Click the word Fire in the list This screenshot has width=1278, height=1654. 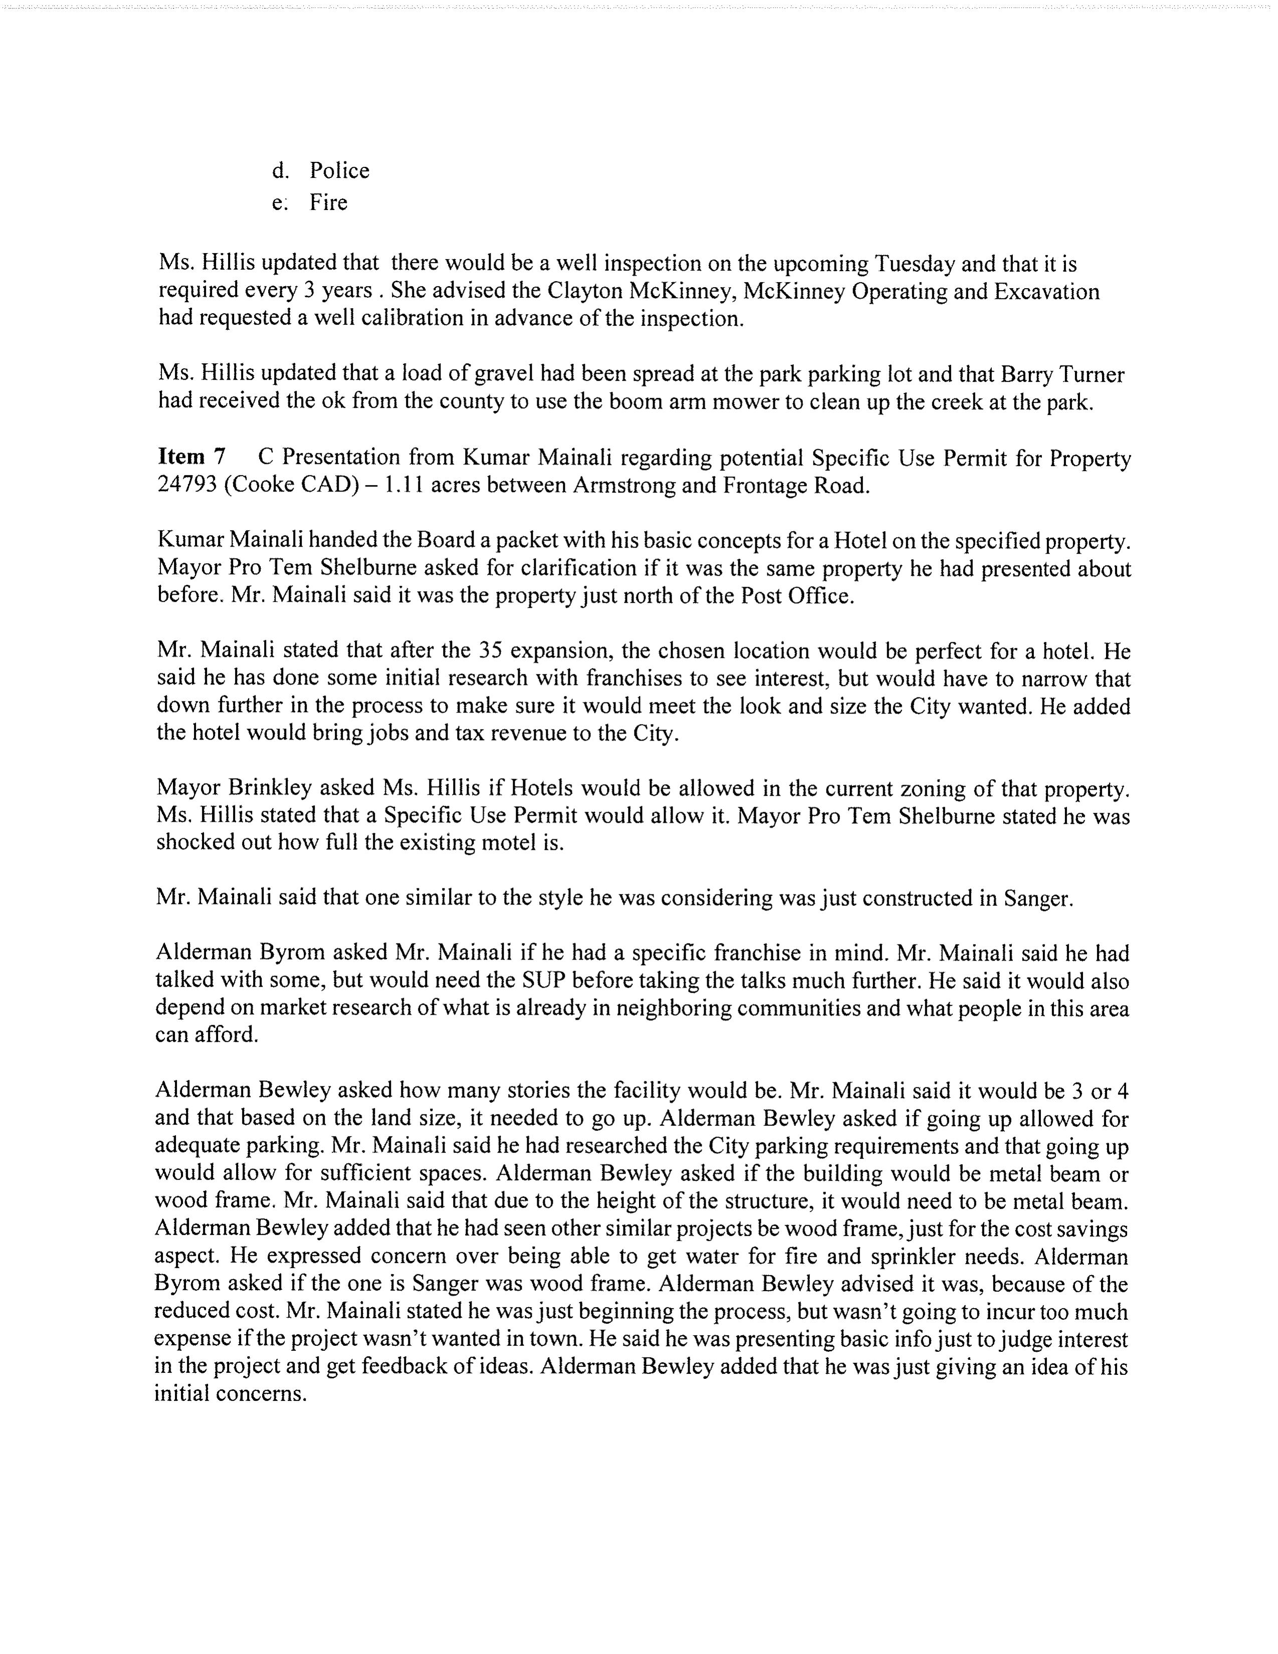(328, 203)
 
